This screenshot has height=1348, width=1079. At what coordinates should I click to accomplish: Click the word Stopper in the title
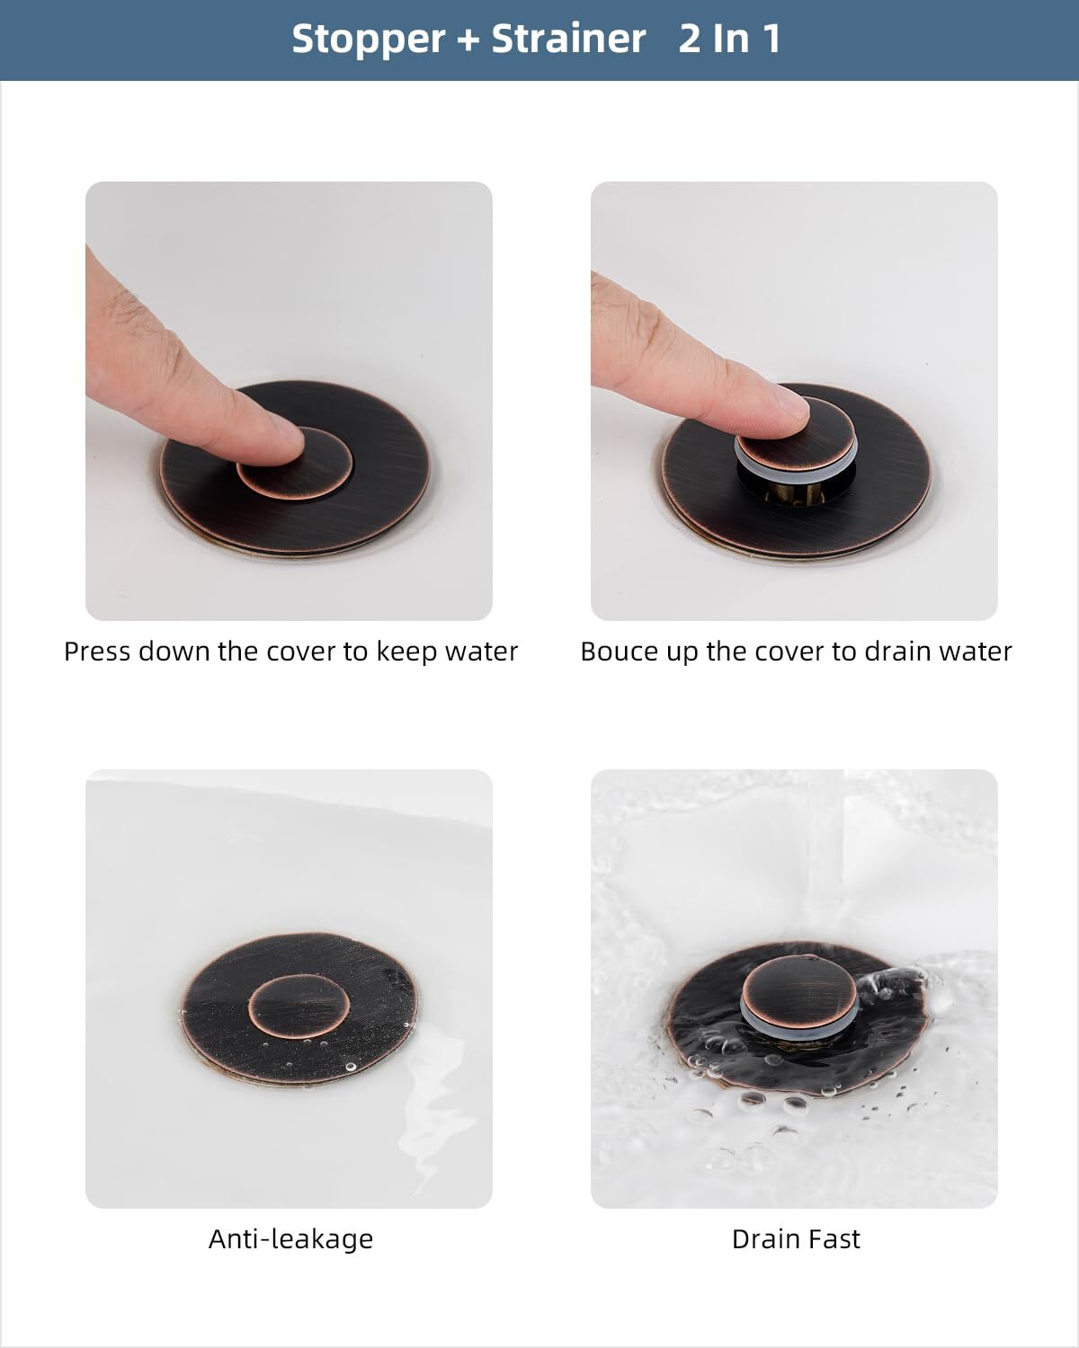click(369, 40)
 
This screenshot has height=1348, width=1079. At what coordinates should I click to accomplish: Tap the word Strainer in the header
click(568, 40)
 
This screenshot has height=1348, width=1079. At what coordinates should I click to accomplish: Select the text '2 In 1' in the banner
click(729, 40)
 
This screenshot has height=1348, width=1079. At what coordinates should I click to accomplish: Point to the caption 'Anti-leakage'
click(290, 1239)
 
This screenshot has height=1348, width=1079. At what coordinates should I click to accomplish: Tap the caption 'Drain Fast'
click(796, 1239)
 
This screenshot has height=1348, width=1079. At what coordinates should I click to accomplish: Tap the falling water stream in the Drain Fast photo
click(823, 854)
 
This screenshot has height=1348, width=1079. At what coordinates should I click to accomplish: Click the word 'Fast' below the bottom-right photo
click(833, 1239)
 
